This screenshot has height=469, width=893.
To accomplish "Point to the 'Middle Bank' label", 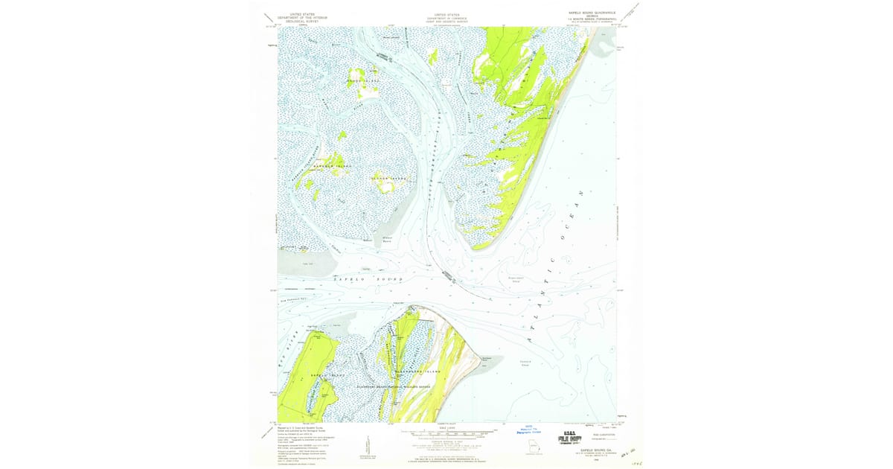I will point(388,240).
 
